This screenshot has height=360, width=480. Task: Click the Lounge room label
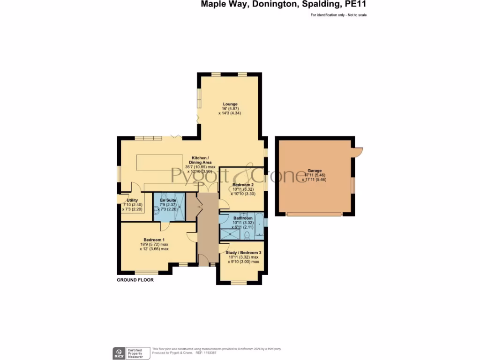[x=230, y=104]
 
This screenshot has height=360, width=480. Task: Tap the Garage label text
[x=315, y=171]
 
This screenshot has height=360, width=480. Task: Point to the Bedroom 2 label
[x=242, y=185]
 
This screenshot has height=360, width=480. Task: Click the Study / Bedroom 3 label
[x=243, y=252]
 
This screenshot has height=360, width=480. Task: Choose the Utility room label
[x=132, y=200]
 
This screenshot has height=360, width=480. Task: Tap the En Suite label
[x=168, y=200]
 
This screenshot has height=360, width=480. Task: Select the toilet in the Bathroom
[x=247, y=234]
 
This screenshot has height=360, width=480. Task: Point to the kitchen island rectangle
[x=159, y=163]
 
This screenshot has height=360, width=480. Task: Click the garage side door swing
[x=358, y=151]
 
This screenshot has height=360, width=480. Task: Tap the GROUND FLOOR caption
[x=135, y=280]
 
